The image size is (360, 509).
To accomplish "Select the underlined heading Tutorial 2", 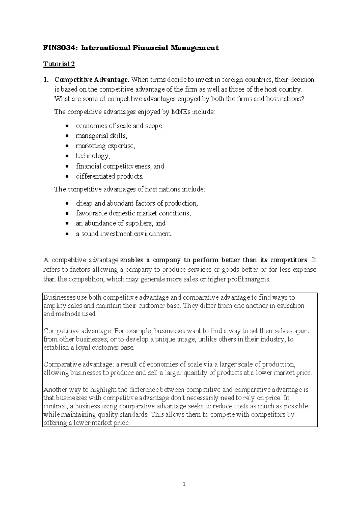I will [59, 64].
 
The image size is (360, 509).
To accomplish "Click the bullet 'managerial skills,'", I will [101, 136].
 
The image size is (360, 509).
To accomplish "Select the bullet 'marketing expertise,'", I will [106, 146].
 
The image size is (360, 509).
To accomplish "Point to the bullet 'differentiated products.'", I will [110, 176].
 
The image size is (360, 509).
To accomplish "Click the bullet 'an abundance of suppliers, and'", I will [121, 224].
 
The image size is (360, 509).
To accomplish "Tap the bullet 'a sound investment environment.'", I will [124, 234].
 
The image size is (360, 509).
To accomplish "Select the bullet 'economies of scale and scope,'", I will [120, 126].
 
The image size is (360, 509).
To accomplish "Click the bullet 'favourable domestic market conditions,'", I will [133, 213].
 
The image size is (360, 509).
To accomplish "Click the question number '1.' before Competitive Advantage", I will [46, 80].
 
